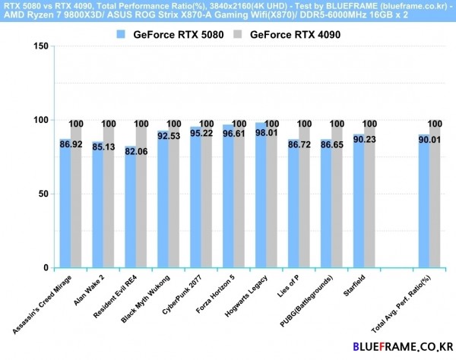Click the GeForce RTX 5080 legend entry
coord(170,34)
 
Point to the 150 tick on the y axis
coord(41,46)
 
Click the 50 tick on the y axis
coord(44,194)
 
